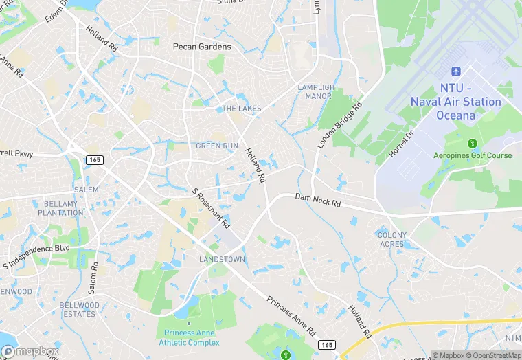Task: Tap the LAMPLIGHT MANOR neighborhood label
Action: (318, 91)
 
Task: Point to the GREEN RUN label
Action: (218, 146)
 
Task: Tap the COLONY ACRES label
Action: (392, 239)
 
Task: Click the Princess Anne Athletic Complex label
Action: (190, 337)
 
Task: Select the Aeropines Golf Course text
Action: (473, 155)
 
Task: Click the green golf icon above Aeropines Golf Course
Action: (472, 144)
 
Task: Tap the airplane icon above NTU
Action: (455, 72)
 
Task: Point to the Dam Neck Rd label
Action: (318, 200)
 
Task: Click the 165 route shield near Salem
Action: (95, 159)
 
